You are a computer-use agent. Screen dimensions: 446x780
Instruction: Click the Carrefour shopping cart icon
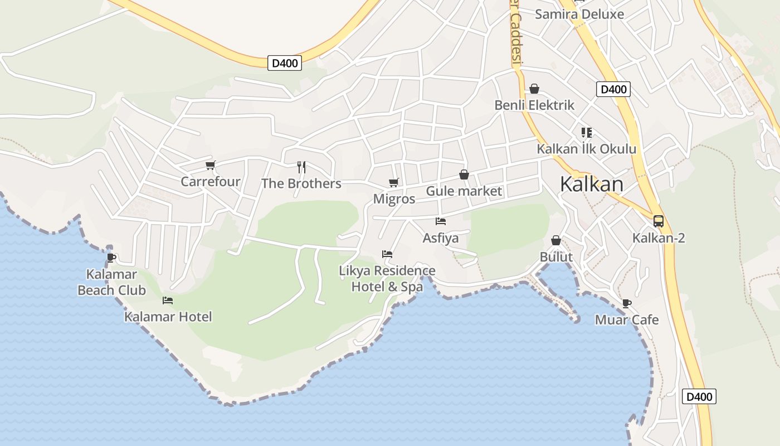210,165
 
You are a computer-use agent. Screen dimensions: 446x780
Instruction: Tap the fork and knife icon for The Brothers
301,167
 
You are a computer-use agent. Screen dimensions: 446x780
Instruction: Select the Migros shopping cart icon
394,182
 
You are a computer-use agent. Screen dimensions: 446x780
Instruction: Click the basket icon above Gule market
464,175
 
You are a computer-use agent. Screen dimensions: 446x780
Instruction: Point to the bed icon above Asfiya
441,221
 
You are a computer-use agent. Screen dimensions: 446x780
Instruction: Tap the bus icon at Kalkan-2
659,221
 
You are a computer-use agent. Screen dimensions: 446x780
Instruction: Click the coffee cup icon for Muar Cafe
627,303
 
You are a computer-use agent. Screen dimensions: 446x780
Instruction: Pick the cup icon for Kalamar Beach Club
111,258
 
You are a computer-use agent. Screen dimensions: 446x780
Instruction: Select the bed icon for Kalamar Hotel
168,300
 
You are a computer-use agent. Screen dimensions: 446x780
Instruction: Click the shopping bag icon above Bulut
556,240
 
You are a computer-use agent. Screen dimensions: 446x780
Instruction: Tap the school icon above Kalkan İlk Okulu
586,133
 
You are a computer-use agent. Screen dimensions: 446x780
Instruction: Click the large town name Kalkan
591,184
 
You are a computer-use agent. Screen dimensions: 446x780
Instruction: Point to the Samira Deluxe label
579,14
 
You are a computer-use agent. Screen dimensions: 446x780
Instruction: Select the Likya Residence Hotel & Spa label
387,279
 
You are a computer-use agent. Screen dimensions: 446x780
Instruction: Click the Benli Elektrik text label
534,105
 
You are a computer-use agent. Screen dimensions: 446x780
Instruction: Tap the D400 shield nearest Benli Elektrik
613,89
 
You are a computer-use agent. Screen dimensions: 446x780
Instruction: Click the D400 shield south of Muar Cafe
699,397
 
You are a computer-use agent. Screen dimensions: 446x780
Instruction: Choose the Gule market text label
464,191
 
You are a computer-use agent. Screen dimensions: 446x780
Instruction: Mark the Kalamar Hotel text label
168,317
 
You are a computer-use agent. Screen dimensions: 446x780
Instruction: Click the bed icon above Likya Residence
387,254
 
